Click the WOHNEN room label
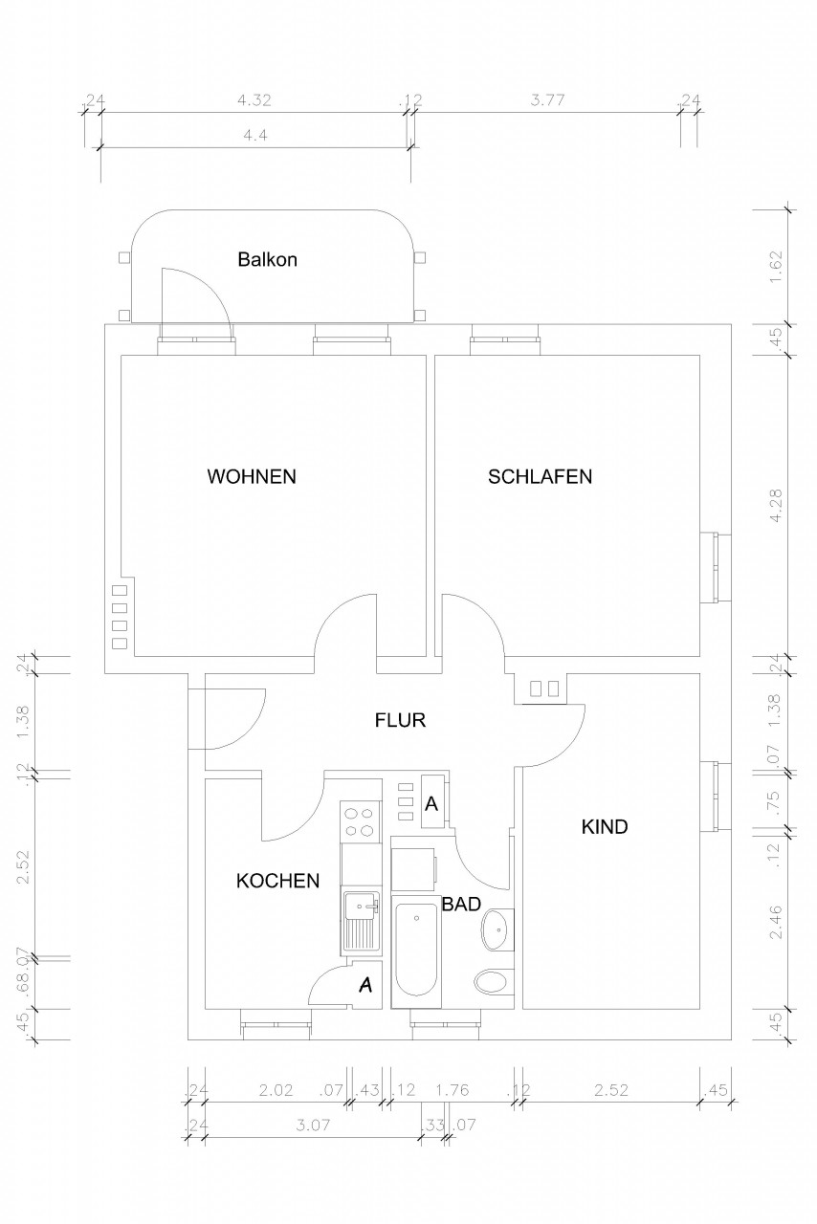pyautogui.click(x=252, y=476)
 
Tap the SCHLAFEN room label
pyautogui.click(x=540, y=476)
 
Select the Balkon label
pyautogui.click(x=268, y=259)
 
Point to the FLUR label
pyautogui.click(x=399, y=720)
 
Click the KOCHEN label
pyautogui.click(x=277, y=881)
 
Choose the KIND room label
pyautogui.click(x=605, y=827)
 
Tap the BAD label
pyautogui.click(x=460, y=904)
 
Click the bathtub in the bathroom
pyautogui.click(x=417, y=952)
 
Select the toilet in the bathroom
pyautogui.click(x=494, y=982)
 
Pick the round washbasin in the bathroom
pyautogui.click(x=497, y=929)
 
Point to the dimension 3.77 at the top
pyautogui.click(x=547, y=99)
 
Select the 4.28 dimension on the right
pyautogui.click(x=776, y=504)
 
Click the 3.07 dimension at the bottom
pyautogui.click(x=313, y=1126)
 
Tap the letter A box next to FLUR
pyautogui.click(x=431, y=804)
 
